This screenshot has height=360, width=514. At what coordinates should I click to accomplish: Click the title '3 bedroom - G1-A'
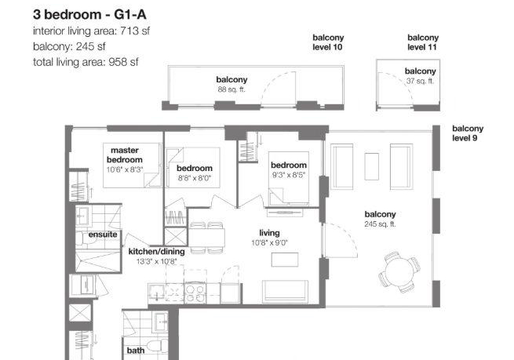point(89,15)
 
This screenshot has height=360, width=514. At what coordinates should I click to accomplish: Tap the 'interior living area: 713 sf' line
point(92,31)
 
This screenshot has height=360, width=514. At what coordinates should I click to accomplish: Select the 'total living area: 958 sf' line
point(86,62)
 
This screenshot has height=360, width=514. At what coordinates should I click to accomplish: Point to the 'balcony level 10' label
point(328,42)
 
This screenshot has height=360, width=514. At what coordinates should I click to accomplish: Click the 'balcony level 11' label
point(423,42)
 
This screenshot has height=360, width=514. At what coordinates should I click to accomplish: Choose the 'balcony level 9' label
point(468,133)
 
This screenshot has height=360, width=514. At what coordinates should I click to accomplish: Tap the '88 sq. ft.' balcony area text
point(231,89)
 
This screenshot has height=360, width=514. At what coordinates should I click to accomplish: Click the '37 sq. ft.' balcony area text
point(421,81)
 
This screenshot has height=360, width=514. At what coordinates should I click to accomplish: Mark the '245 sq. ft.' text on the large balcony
point(380,224)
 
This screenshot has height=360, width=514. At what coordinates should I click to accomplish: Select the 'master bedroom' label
point(125,155)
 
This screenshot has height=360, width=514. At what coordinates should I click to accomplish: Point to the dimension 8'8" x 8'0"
point(195,178)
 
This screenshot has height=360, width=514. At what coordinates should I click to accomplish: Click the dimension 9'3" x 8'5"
point(289,175)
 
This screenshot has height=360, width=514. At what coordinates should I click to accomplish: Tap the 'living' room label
point(269,233)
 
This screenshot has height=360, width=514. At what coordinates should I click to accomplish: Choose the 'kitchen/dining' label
point(156,252)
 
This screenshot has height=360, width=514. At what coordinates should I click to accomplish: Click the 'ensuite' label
point(103,235)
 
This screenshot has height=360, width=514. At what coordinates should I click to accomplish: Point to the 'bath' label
point(136,351)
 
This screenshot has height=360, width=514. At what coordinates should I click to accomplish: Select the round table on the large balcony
point(400,271)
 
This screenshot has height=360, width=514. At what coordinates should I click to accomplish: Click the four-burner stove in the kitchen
point(195,293)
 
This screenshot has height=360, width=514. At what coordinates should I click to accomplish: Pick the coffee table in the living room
point(285,260)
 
